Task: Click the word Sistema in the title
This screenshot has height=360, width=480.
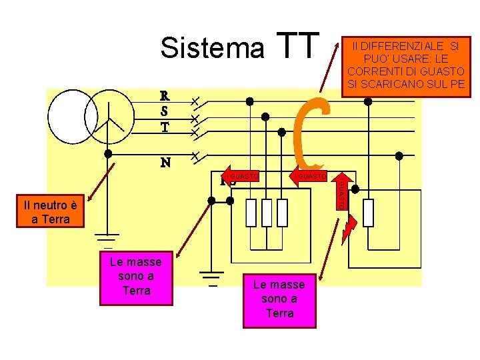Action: click(x=212, y=48)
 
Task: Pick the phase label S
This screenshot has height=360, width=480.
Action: click(x=164, y=111)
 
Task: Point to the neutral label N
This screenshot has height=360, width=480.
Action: click(x=165, y=162)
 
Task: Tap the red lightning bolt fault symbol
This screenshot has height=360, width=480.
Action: click(x=351, y=227)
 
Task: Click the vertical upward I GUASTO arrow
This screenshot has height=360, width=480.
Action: click(x=340, y=191)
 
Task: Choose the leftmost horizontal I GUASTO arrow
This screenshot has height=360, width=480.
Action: click(x=241, y=176)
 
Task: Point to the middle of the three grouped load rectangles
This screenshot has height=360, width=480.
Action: click(x=267, y=213)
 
